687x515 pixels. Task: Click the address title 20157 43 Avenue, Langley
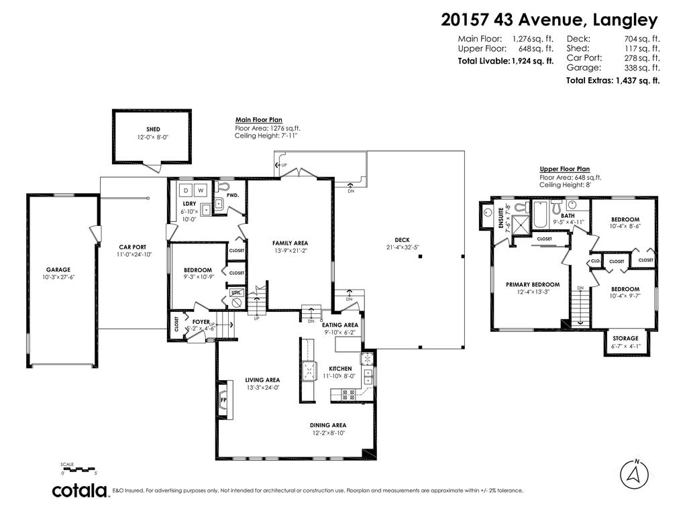coord(549,19)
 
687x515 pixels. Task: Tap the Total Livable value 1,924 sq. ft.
coord(533,61)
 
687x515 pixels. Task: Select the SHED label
coord(153,129)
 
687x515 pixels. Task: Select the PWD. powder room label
coord(233,196)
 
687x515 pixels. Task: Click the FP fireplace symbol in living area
coord(223,401)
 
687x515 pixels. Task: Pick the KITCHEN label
coord(340,369)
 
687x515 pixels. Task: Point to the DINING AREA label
coord(327,425)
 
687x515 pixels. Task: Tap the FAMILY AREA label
coord(289,243)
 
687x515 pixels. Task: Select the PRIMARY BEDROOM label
coord(532,284)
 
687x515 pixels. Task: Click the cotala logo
coord(81,491)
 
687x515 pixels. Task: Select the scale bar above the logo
coord(79,469)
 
